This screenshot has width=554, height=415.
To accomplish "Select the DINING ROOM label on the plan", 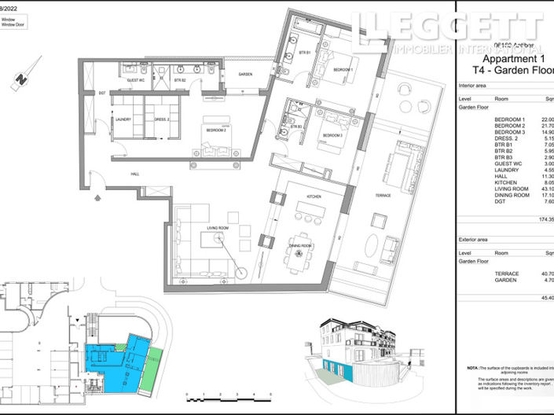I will [301, 246].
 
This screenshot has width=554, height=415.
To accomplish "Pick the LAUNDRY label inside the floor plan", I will [122, 119].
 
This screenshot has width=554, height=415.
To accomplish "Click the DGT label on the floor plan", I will [101, 94].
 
